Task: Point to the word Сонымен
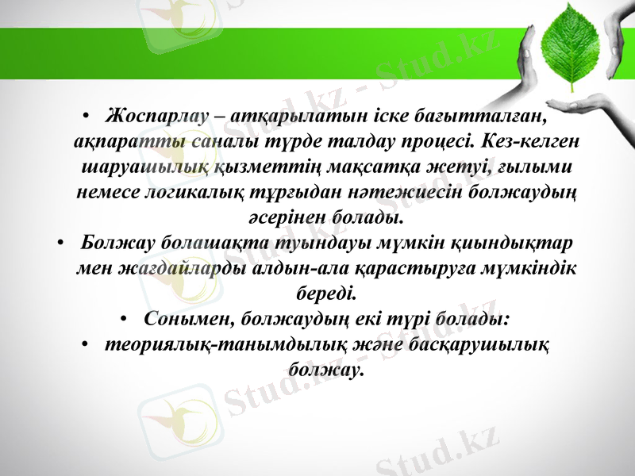tap(182, 318)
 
